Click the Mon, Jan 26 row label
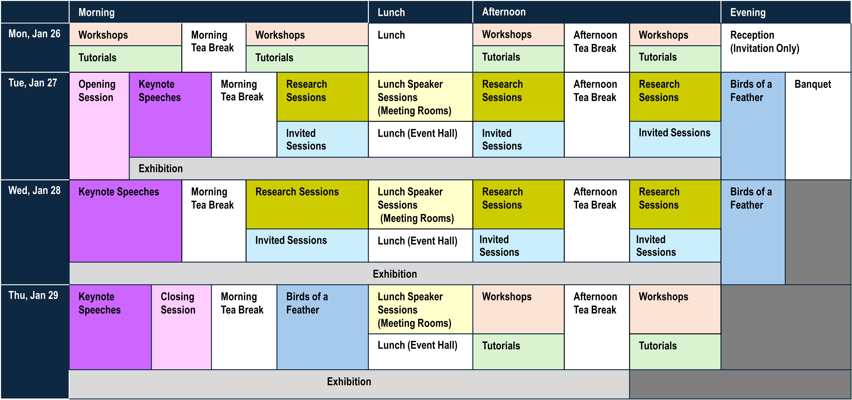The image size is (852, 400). [x=34, y=34]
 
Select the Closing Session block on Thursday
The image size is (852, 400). [x=178, y=303]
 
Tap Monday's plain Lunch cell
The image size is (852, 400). [x=391, y=35]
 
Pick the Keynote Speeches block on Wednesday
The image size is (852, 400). [x=119, y=192]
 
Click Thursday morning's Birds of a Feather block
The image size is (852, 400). [x=307, y=303]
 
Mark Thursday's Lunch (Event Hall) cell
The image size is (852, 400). [x=417, y=346]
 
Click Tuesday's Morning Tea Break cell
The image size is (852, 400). [x=242, y=91]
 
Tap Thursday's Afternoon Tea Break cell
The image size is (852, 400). [x=595, y=303]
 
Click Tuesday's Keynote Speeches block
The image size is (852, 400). [x=159, y=91]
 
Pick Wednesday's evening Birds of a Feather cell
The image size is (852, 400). [x=751, y=198]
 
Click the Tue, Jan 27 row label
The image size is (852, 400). [x=33, y=83]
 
